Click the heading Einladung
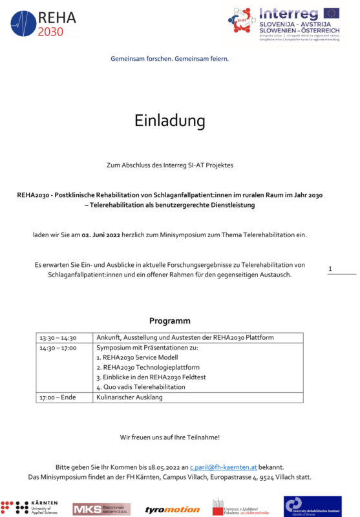pyautogui.click(x=170, y=121)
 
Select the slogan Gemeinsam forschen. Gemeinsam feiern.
pyautogui.click(x=170, y=58)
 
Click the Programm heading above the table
pyautogui.click(x=170, y=321)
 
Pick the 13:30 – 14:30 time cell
pyautogui.click(x=58, y=337)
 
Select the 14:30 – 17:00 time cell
pyautogui.click(x=58, y=348)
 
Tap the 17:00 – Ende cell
pyautogui.click(x=58, y=397)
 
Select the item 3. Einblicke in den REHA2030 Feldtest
pyautogui.click(x=153, y=377)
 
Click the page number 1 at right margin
pyautogui.click(x=330, y=268)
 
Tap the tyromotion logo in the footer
pyautogui.click(x=172, y=509)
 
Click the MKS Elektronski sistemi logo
pyautogui.click(x=101, y=509)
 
